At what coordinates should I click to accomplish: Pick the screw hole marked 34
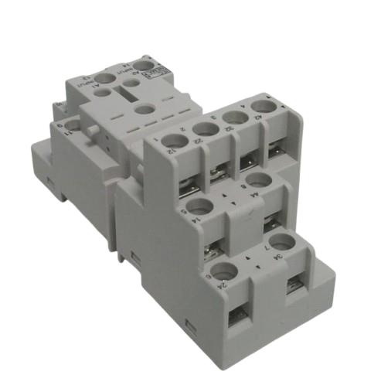284,242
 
